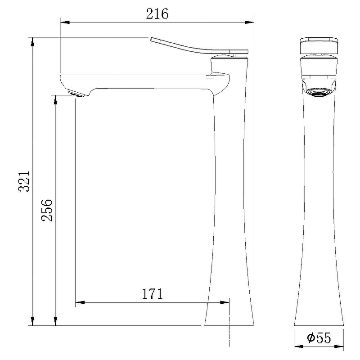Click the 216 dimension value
[x=157, y=14]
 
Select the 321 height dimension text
[x=24, y=181]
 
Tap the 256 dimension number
[x=47, y=210]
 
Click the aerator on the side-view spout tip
[x=75, y=93]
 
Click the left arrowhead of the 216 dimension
[x=63, y=22]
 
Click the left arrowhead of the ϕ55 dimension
[x=297, y=347]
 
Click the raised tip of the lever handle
[x=152, y=39]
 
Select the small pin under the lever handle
[x=234, y=55]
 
